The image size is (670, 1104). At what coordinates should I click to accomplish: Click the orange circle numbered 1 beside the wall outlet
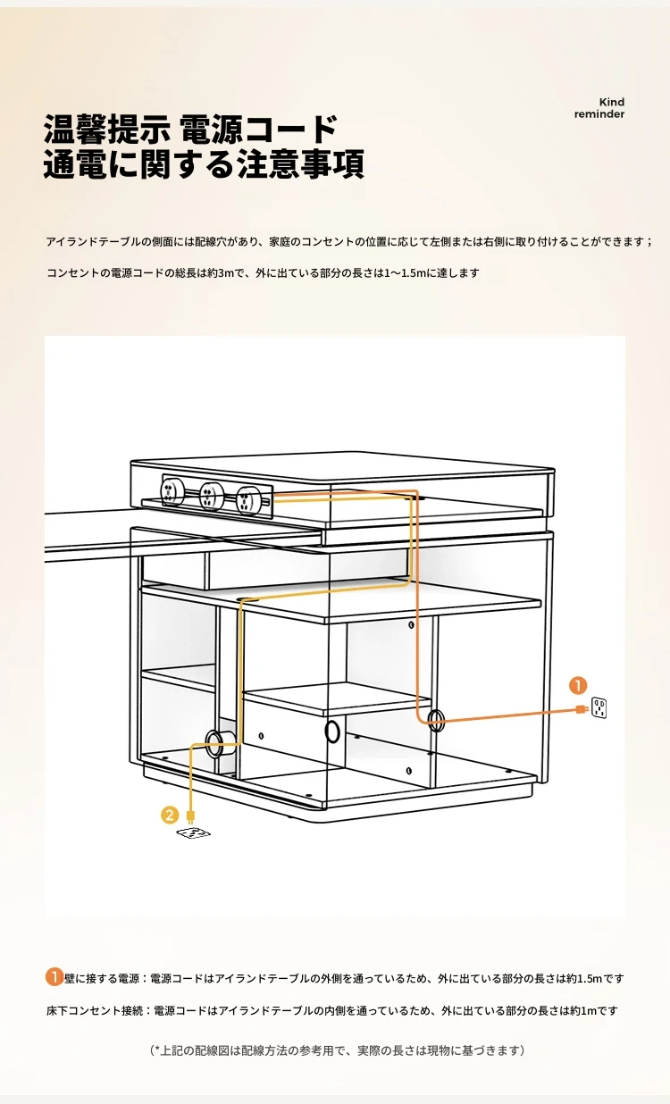coord(578,685)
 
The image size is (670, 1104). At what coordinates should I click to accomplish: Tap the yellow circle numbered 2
coord(170,815)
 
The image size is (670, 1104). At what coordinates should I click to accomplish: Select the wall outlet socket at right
coord(599,707)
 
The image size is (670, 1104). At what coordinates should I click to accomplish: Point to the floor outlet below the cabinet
coord(193,833)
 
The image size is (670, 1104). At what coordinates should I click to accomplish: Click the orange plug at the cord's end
coord(582,709)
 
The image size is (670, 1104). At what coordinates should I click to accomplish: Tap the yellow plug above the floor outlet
coord(190,815)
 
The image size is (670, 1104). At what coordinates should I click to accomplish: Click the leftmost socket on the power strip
coord(172,491)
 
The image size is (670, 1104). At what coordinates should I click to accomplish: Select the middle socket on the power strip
coord(211,496)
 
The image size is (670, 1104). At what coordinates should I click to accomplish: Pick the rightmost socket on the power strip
coord(247,500)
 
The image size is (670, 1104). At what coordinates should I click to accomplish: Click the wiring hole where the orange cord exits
coord(435,720)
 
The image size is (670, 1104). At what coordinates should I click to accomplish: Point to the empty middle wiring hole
coord(332,732)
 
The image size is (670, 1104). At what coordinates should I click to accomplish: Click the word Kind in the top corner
coord(612,102)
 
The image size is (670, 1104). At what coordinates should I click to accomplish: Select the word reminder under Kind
coord(599,113)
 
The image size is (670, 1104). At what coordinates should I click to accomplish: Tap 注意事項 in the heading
coord(301,163)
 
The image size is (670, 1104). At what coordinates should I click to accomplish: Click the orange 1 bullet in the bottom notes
coord(54,976)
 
